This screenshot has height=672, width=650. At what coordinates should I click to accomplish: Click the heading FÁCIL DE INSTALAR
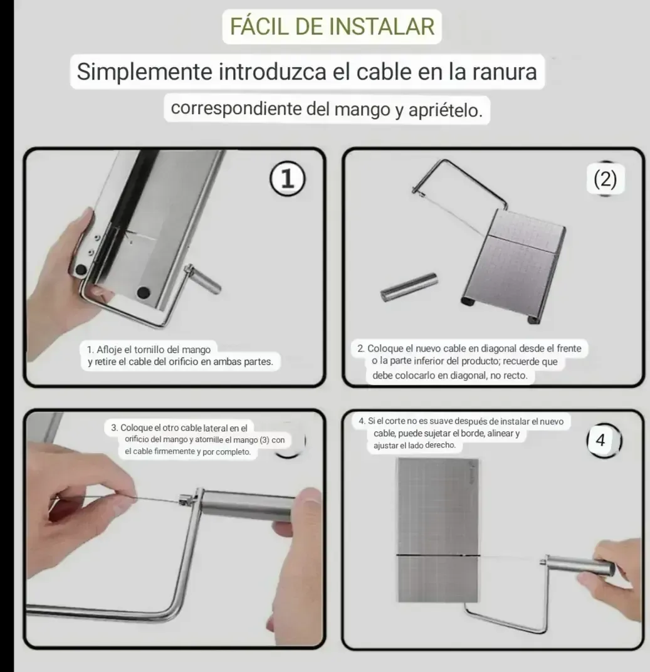332,26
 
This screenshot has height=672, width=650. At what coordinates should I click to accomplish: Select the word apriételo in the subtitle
446,110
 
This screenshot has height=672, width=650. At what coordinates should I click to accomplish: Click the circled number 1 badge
288,179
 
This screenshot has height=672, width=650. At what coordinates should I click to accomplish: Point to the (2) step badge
605,179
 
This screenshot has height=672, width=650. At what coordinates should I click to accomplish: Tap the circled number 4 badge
603,440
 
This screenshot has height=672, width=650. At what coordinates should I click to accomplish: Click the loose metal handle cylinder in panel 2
409,286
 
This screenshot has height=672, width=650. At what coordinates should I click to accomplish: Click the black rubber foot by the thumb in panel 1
81,270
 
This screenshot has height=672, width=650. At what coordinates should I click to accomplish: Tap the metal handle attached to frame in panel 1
203,280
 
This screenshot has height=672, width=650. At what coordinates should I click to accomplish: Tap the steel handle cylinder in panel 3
248,506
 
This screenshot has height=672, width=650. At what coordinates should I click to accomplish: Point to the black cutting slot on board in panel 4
438,556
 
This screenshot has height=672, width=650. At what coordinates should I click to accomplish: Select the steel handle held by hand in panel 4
579,565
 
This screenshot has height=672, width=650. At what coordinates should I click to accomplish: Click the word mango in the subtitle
362,110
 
